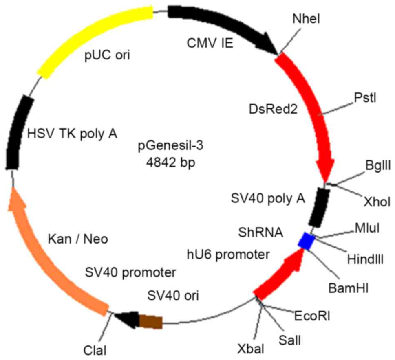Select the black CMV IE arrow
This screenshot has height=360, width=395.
(x=220, y=24)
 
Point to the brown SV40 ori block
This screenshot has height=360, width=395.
(x=151, y=321)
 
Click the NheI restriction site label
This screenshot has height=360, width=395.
(x=304, y=18)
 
